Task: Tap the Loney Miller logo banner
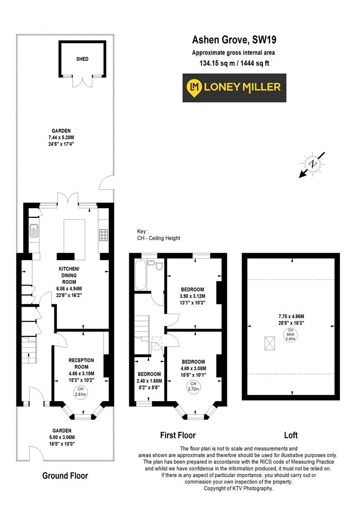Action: pos(234,87)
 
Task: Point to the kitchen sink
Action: pos(34,230)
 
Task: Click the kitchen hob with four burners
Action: pos(103,235)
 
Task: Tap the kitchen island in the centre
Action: pos(72,236)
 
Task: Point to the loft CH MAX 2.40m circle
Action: pos(291,335)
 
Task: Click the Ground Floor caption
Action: pos(65,475)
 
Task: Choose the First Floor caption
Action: pos(178,435)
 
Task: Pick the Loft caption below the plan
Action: pos(291,435)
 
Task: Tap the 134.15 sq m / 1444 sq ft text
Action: pos(234,63)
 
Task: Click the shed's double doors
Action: pos(82,81)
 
